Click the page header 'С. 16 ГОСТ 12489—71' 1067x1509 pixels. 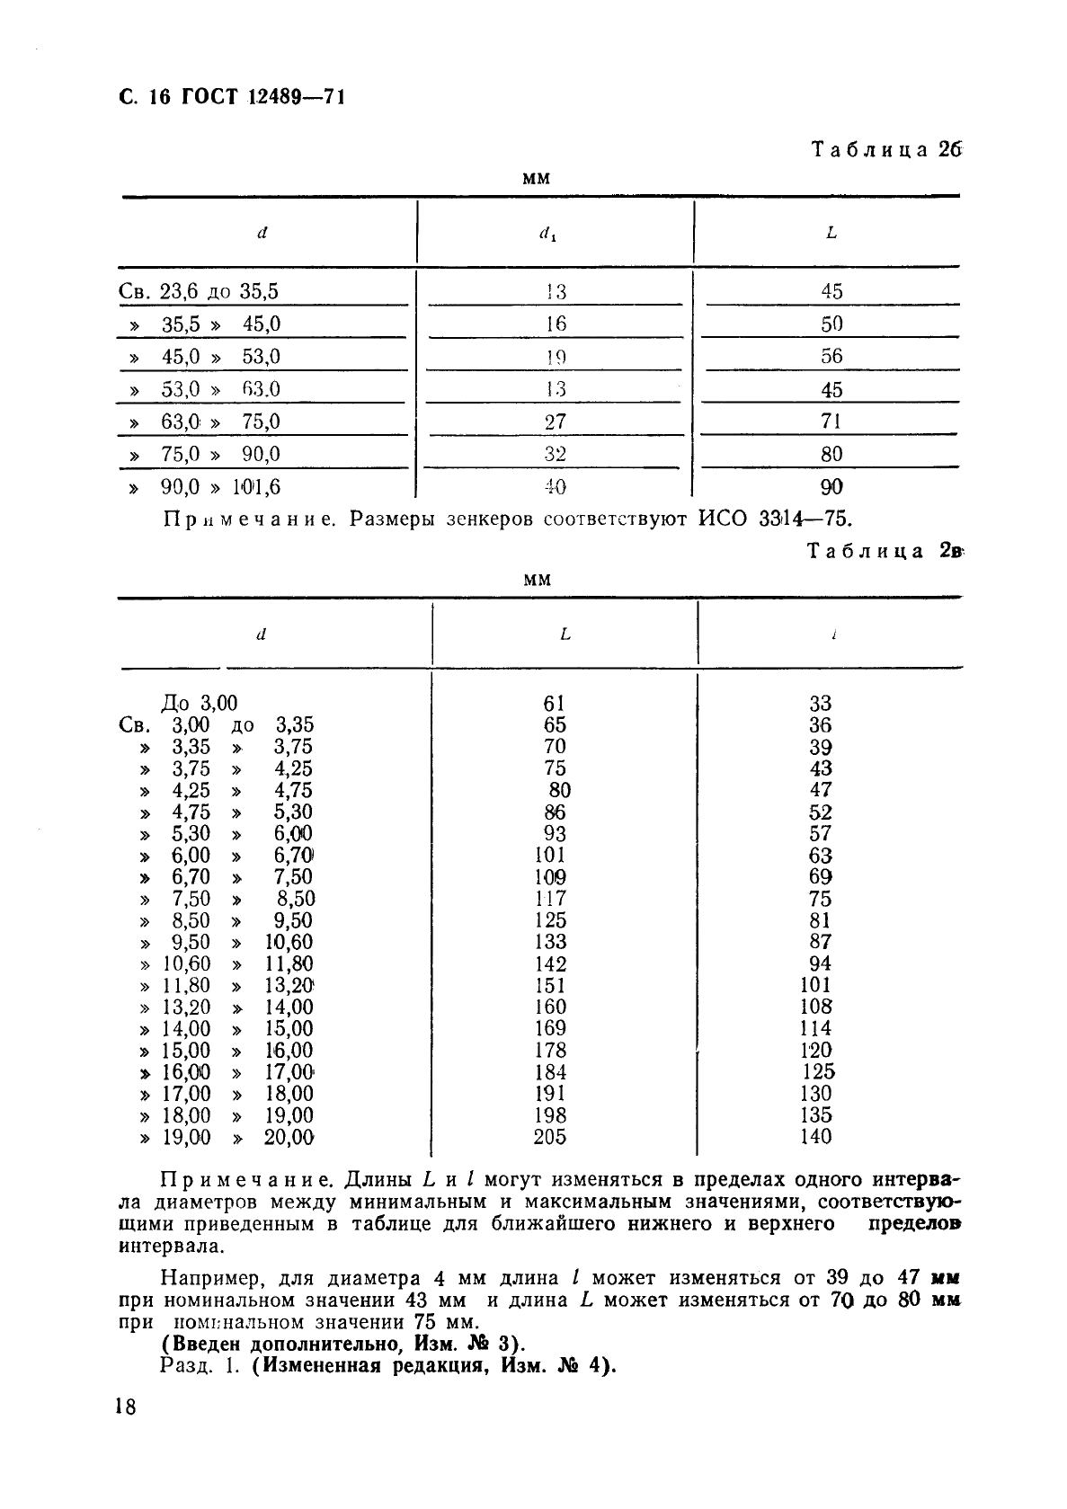(231, 96)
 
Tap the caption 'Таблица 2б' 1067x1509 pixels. (885, 149)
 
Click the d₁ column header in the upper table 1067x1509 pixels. (547, 235)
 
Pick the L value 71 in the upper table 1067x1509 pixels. (831, 422)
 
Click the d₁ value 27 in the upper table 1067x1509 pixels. (556, 422)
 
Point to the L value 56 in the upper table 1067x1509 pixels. (831, 356)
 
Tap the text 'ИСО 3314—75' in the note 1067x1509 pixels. (773, 519)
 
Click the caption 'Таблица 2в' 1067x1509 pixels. (884, 551)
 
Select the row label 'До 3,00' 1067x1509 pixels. (199, 703)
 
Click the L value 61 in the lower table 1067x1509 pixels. (555, 703)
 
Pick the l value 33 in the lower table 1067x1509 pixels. (820, 703)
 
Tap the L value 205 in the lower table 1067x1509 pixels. (550, 1137)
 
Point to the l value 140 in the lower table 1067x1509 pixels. (815, 1137)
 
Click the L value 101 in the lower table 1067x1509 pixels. (550, 856)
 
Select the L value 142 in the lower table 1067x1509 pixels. (550, 963)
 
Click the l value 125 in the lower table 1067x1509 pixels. (818, 1071)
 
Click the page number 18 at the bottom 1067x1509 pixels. (126, 1407)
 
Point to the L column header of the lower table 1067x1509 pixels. (565, 635)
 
